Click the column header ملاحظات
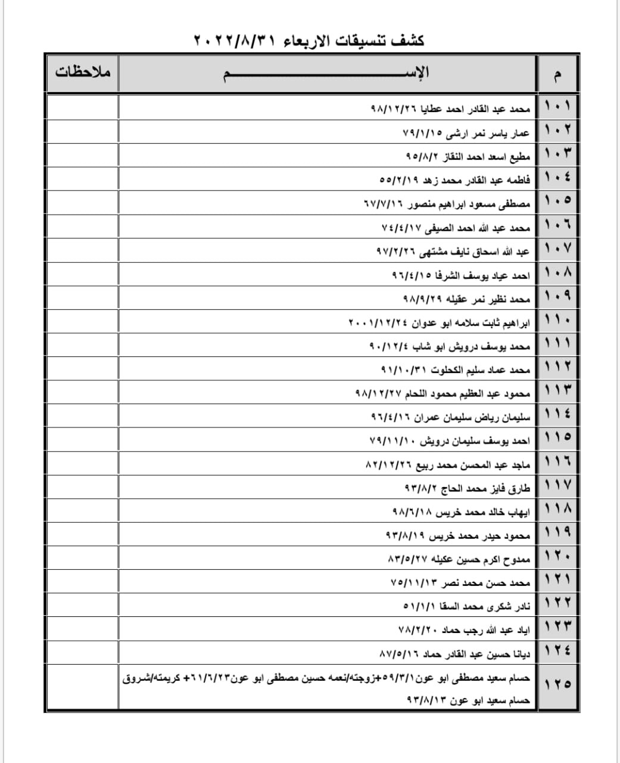click(x=83, y=73)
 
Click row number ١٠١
click(x=557, y=108)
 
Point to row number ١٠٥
click(x=557, y=203)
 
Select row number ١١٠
click(x=557, y=322)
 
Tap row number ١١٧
click(x=557, y=488)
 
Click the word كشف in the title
click(x=411, y=41)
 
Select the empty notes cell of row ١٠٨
click(x=82, y=275)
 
